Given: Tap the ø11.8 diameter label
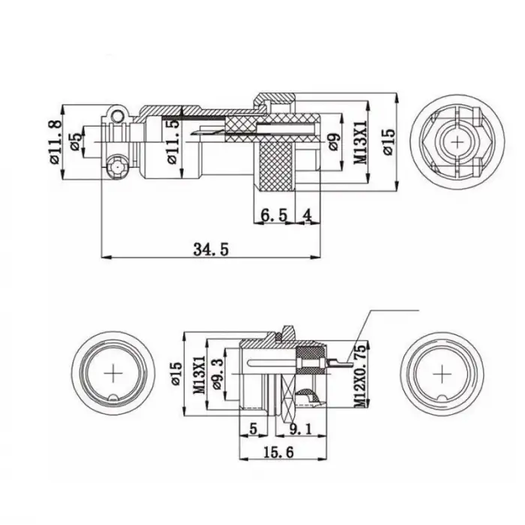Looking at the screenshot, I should (x=54, y=142).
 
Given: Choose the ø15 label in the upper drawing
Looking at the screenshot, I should (x=388, y=141).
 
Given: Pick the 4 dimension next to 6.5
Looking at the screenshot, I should (x=306, y=216).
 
